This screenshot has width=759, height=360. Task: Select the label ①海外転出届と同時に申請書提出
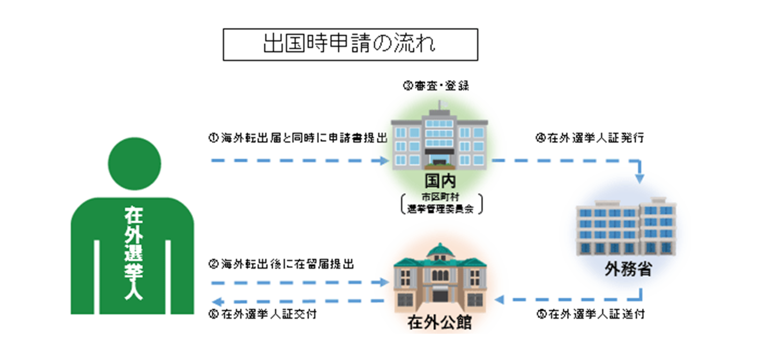(298, 138)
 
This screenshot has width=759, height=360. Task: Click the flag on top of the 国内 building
(443, 104)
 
